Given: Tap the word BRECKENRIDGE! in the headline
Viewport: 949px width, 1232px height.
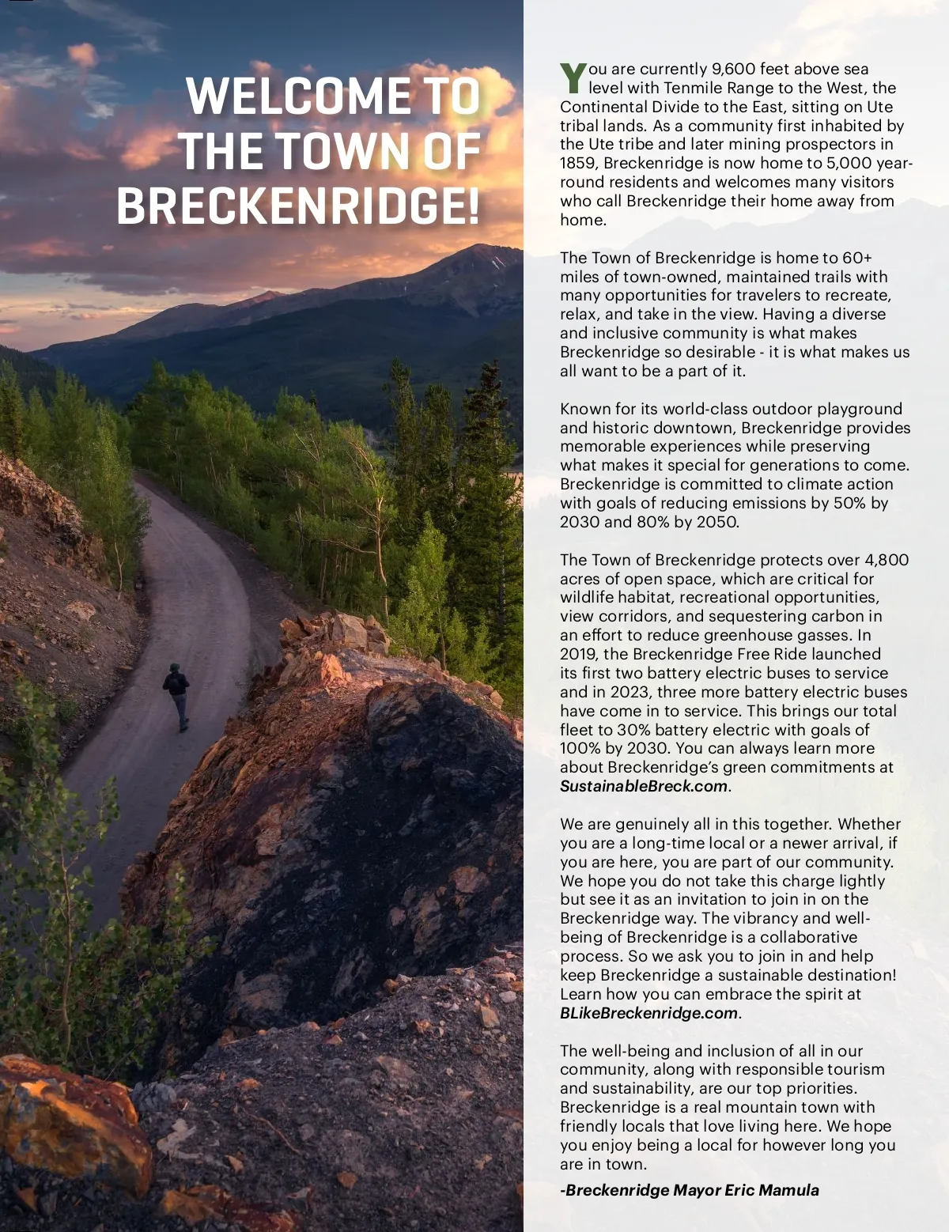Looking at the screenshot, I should [x=298, y=206].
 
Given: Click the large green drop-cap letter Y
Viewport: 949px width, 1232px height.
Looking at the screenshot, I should [x=573, y=77].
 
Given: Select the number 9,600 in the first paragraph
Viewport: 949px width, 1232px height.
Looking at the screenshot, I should [x=734, y=69].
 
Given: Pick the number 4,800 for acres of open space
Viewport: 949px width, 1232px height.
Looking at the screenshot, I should [x=887, y=560].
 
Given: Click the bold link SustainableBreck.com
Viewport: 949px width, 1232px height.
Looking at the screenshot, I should [x=643, y=786].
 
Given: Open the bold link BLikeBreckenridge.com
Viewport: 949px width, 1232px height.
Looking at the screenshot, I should [x=648, y=1013].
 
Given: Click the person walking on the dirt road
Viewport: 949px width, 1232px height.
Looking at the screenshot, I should [x=178, y=693].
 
